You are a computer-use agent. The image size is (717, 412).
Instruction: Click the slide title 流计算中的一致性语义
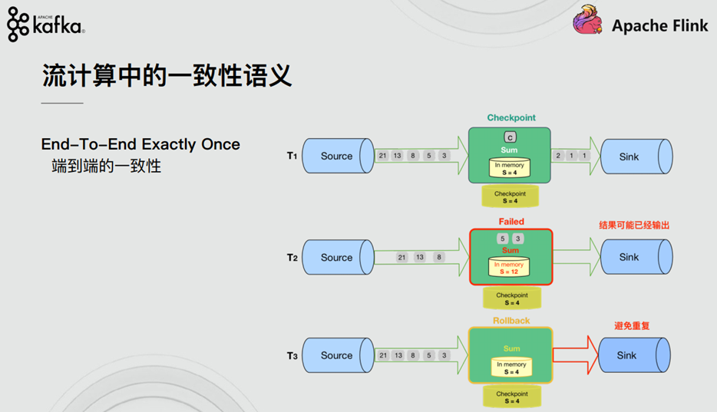tap(167, 77)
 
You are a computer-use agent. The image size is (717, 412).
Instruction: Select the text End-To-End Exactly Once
tap(140, 144)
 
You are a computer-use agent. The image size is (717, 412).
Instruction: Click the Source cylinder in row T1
tap(336, 157)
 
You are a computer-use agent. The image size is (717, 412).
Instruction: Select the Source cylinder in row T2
tap(336, 258)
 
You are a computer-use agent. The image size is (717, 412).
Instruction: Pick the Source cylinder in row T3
tap(336, 355)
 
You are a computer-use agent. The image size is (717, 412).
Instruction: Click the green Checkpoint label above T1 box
tap(511, 118)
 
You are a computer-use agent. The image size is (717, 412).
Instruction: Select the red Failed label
tap(511, 222)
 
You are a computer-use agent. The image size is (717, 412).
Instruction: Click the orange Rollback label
tap(511, 321)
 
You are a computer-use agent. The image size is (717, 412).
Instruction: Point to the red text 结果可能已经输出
tap(634, 226)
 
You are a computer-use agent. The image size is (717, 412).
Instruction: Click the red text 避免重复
tap(633, 326)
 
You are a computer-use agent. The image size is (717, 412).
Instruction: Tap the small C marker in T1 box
tap(510, 137)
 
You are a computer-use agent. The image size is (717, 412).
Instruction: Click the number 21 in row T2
tap(402, 258)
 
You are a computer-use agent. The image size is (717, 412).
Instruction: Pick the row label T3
tap(292, 355)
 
